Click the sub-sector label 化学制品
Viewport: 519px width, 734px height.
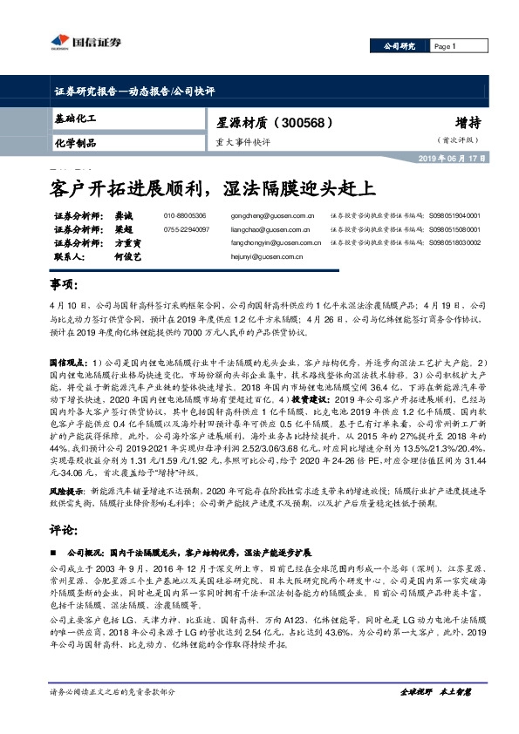click(x=75, y=142)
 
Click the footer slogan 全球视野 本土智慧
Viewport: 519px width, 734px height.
click(x=435, y=690)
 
